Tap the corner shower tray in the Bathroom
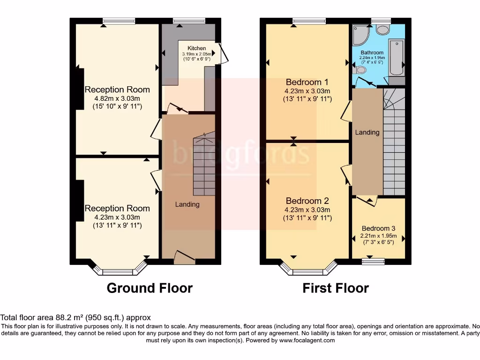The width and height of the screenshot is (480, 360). point(361,35)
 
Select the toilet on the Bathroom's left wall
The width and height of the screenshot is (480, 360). point(360,70)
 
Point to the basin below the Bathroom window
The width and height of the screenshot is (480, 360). point(382,30)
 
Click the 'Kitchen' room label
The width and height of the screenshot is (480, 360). point(196,48)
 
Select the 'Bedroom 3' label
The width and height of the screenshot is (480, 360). point(379,229)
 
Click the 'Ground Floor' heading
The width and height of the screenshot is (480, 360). point(150,287)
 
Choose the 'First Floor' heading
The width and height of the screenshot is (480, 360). point(336,287)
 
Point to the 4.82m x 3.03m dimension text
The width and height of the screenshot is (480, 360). point(117,98)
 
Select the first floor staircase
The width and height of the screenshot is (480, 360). point(394,141)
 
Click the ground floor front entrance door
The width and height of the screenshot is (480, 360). point(184,256)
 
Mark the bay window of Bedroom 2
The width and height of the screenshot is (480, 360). point(308,270)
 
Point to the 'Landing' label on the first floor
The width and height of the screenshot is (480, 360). point(367,132)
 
